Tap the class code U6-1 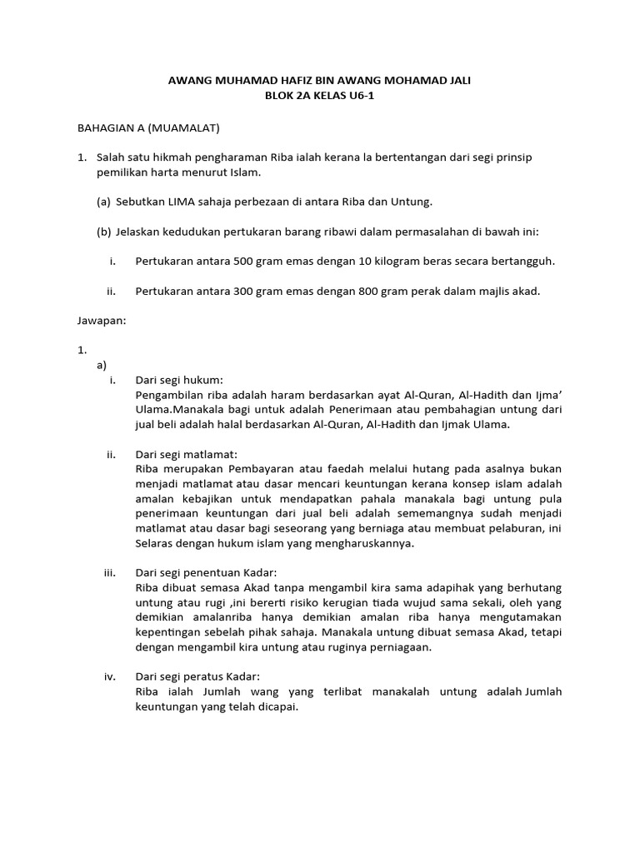click(364, 96)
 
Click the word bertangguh click(524, 261)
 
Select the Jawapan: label click(102, 321)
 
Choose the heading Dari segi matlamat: click(186, 454)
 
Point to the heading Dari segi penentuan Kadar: click(205, 573)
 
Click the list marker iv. click(109, 676)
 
